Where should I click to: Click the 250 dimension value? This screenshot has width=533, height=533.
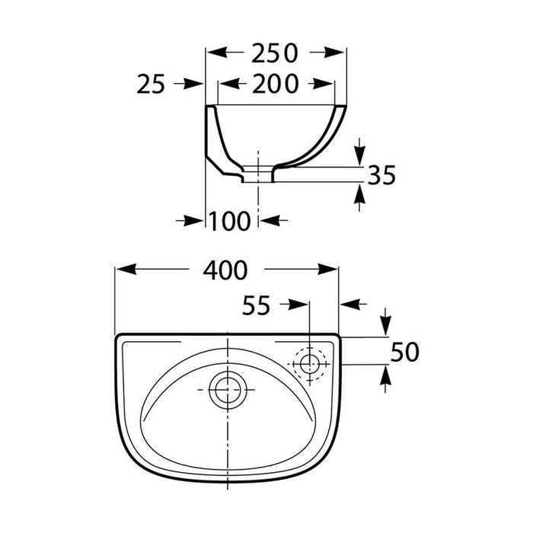pos(275,53)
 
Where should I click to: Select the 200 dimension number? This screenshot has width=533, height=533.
pos(276,84)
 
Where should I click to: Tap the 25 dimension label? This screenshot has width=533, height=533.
pos(151,84)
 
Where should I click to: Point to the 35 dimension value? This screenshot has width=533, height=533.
pos(382,175)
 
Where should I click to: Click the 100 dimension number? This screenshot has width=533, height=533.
pos(229,221)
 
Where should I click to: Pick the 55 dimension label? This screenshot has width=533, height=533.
pos(257,305)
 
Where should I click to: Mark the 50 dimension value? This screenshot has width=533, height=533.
pos(404,352)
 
